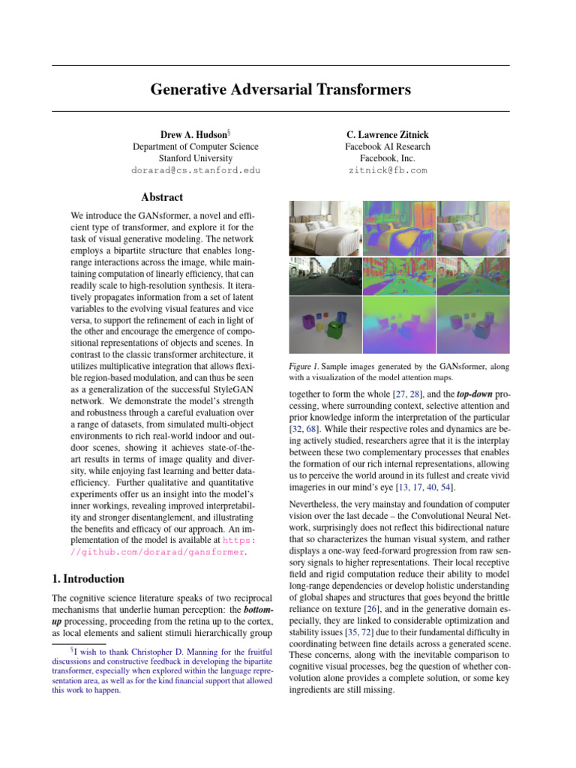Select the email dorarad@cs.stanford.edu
pos(196,170)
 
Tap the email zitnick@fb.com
pos(388,170)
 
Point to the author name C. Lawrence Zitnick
pos(388,134)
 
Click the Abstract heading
pos(162,197)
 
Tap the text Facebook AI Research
pos(388,147)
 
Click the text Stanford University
pos(196,158)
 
